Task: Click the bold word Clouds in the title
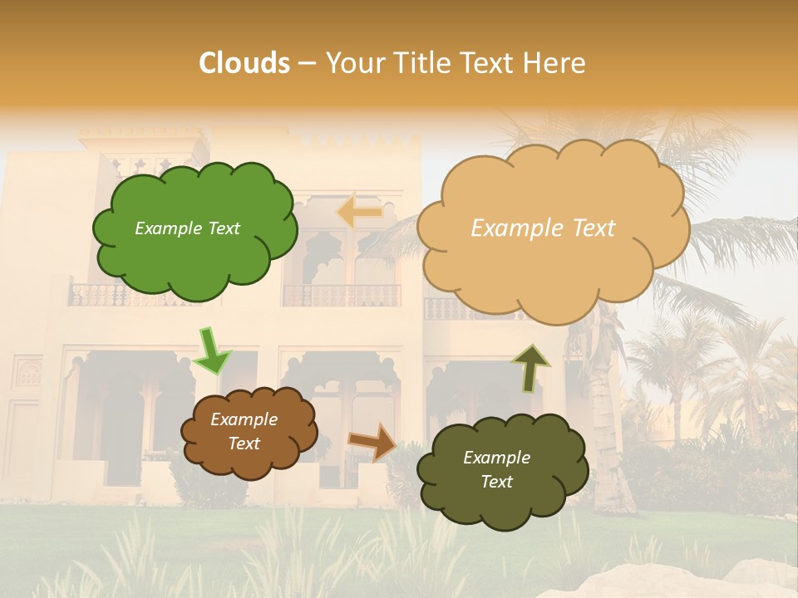tap(244, 63)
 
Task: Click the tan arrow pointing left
tap(359, 213)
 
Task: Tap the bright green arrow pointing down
tap(212, 351)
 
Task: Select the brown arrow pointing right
tap(373, 442)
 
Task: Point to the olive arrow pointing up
tap(530, 368)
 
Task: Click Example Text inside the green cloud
tap(187, 228)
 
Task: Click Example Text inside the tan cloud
tap(543, 228)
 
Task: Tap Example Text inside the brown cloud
tap(244, 432)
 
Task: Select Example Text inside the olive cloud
tap(496, 469)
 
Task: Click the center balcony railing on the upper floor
tap(342, 296)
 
